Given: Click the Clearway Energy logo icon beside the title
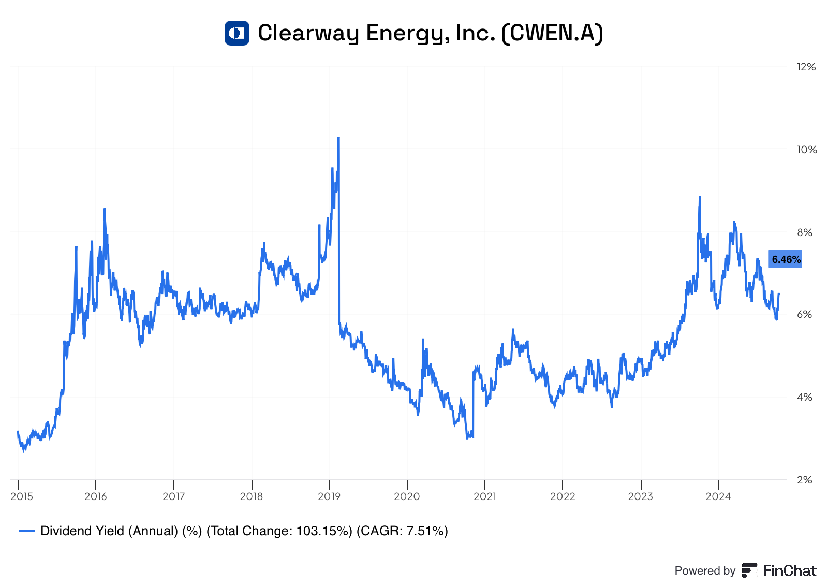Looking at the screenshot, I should (x=236, y=33).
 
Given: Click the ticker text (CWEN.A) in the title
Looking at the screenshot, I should (x=552, y=33).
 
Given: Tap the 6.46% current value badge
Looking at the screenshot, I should (x=785, y=259).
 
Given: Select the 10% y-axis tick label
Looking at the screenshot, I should (x=806, y=150).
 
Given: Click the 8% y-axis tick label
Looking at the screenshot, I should (x=805, y=232).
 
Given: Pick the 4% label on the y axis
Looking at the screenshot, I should (x=805, y=398).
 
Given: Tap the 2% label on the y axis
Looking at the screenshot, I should (x=805, y=480).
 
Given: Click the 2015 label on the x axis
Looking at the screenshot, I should (x=22, y=497).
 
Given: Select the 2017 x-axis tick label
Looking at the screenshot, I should (x=173, y=497).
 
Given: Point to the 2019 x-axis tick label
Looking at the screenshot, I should (x=329, y=497).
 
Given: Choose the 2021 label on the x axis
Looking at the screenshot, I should (x=485, y=497).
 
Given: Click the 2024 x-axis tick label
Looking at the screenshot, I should (x=718, y=497).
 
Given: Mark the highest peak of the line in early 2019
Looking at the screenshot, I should (x=338, y=138).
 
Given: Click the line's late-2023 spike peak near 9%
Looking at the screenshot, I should (x=700, y=197).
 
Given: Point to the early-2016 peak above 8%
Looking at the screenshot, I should (x=105, y=209).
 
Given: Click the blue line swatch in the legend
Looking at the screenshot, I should (x=27, y=531).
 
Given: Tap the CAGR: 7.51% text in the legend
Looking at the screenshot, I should (x=402, y=531).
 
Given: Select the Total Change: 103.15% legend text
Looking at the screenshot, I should (x=279, y=531).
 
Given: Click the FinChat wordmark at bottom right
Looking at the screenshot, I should (x=789, y=571).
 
